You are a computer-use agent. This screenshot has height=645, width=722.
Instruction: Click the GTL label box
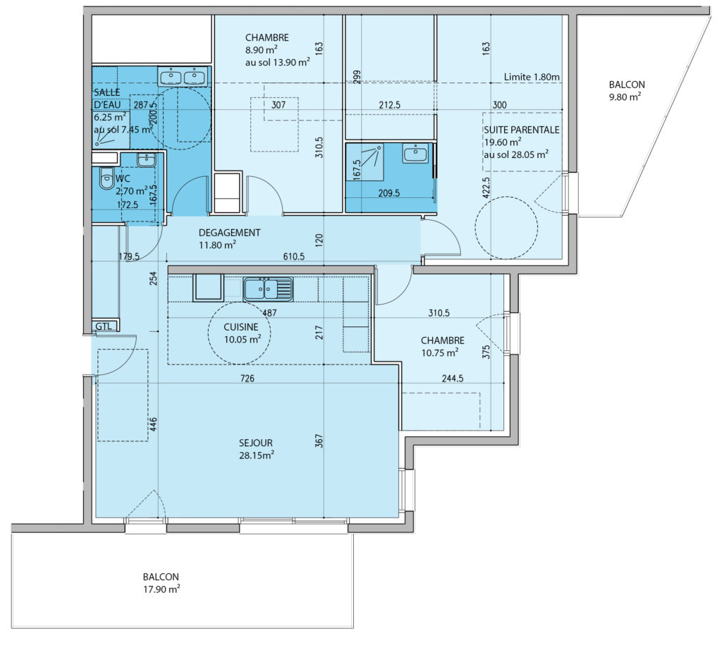(106, 326)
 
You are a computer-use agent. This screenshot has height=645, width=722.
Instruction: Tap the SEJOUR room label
(255, 443)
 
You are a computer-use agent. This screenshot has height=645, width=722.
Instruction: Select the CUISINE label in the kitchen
(241, 327)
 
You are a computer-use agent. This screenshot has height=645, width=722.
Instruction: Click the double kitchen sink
(268, 289)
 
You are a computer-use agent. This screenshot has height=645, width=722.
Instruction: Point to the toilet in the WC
(106, 178)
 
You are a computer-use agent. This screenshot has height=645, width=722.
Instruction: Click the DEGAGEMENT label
(229, 233)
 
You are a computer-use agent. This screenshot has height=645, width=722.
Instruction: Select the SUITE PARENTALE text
(522, 130)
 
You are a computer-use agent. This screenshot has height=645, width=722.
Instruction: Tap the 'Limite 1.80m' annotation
(532, 77)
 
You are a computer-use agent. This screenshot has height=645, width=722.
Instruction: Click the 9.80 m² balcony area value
(625, 97)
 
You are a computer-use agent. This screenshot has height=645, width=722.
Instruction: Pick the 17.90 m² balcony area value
(161, 589)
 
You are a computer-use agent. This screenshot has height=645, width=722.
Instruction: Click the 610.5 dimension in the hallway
(294, 257)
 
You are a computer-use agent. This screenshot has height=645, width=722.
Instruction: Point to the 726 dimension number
(247, 379)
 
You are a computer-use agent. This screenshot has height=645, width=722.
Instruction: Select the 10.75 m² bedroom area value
(440, 352)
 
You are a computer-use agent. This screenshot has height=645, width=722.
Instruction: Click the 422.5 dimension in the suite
(487, 188)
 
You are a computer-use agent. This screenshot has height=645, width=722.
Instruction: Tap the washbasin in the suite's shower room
(415, 153)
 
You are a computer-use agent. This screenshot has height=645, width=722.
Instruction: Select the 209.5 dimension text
(389, 193)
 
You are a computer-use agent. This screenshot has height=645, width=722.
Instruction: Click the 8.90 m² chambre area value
(261, 50)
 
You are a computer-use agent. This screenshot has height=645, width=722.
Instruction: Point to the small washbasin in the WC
(147, 159)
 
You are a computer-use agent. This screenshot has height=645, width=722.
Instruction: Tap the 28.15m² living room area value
(257, 455)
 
